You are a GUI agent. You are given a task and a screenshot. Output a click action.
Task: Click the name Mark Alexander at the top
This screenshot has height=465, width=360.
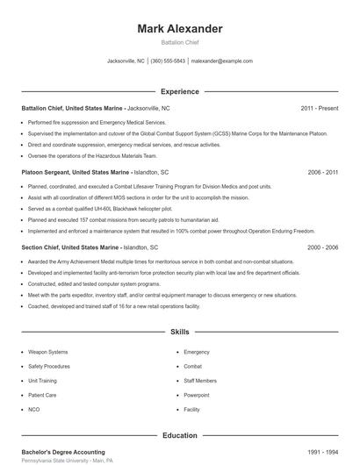[179, 29]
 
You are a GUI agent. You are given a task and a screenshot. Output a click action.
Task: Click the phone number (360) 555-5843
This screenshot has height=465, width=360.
[168, 61]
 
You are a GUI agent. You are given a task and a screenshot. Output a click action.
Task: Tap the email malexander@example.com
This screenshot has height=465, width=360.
[222, 61]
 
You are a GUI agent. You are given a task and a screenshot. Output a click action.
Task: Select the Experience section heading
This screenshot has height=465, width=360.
[179, 91]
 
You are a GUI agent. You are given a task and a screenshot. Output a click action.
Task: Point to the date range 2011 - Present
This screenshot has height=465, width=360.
[319, 108]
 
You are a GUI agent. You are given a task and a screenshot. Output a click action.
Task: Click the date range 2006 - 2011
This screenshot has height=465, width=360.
[323, 173]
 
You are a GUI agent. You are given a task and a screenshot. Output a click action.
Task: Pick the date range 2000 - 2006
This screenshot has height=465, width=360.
[323, 247]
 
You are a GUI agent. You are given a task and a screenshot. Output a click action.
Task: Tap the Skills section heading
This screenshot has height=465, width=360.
[179, 333]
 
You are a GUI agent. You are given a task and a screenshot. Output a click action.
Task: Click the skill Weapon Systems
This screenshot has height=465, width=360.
[47, 352]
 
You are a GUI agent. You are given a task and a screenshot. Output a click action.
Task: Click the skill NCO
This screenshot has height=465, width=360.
[33, 410]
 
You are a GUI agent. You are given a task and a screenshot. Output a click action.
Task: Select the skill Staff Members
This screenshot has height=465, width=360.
[199, 382]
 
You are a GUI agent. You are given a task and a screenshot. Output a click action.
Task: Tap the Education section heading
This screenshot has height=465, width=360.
[179, 434]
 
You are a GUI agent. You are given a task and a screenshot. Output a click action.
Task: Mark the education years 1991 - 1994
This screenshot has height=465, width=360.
[323, 451]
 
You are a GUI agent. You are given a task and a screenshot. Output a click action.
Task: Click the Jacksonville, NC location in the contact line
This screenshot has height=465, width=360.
[126, 61]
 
